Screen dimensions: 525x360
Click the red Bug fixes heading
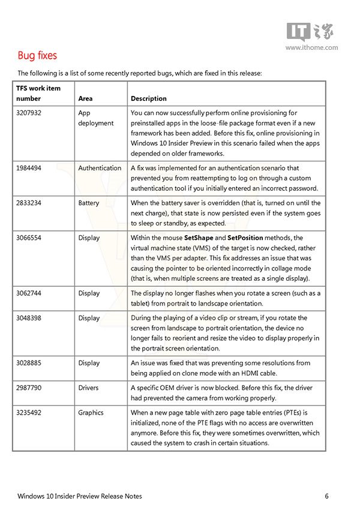click(37, 56)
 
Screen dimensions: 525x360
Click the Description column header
click(149, 98)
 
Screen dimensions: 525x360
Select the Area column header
click(85, 98)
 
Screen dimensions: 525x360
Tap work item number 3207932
click(29, 113)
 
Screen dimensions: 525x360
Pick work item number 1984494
click(29, 168)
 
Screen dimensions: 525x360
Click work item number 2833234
click(29, 203)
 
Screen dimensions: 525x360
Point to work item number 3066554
click(29, 238)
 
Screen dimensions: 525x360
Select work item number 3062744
click(29, 293)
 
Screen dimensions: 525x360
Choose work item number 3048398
click(29, 318)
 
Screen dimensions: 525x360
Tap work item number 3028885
click(29, 362)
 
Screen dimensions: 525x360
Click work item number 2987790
click(29, 388)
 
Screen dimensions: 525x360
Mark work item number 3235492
click(29, 413)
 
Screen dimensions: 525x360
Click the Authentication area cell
click(100, 168)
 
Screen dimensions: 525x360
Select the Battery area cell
click(89, 203)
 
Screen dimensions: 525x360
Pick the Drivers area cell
click(88, 388)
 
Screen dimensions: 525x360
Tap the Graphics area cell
click(91, 413)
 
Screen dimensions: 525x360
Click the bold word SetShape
click(200, 238)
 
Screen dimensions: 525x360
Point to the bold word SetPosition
click(245, 238)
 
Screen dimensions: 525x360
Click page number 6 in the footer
click(326, 496)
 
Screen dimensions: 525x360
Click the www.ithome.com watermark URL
click(311, 47)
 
